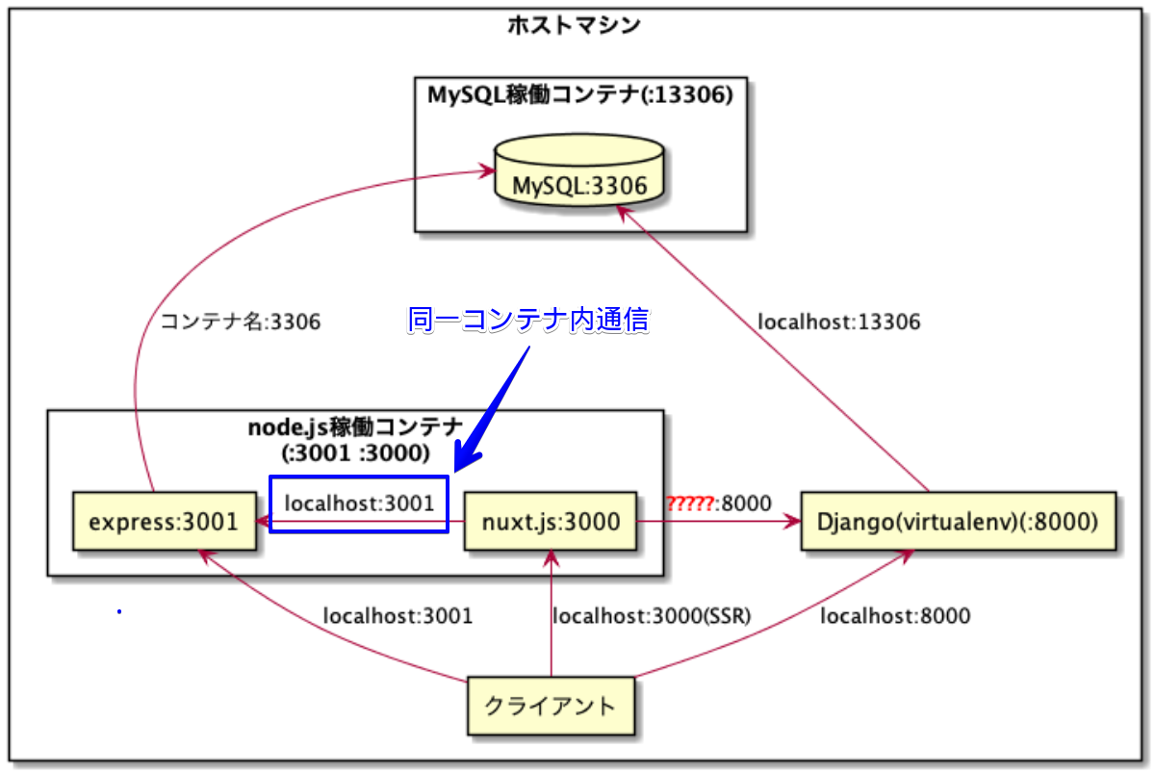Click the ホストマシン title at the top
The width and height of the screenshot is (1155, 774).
pos(574,25)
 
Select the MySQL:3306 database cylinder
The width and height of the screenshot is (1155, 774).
pos(579,170)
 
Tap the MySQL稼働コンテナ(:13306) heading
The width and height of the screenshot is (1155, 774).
pos(580,95)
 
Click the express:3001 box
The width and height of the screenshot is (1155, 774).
pos(165,522)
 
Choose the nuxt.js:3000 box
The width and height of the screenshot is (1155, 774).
pos(551,522)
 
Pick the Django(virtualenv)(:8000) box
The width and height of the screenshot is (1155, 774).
pos(958,522)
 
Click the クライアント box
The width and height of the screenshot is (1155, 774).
pos(551,706)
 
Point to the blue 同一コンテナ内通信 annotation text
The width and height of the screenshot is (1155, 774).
pos(528,320)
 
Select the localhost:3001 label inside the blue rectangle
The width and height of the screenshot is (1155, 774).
pos(359,503)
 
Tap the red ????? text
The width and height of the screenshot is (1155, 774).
pos(690,503)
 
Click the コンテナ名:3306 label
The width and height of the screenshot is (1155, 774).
pos(241,322)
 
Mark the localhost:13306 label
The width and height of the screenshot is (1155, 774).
pos(839,322)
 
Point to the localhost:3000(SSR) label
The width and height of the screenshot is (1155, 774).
pos(652,616)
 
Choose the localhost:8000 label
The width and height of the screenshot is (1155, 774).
pos(896,616)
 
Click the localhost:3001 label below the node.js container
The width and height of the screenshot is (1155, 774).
pos(398,616)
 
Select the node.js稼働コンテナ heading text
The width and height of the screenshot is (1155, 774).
pos(355,427)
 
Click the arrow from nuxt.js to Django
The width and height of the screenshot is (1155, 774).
pos(719,522)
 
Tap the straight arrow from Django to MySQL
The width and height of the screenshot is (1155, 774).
pos(773,348)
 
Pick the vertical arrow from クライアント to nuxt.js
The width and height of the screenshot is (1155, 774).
pos(552,613)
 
